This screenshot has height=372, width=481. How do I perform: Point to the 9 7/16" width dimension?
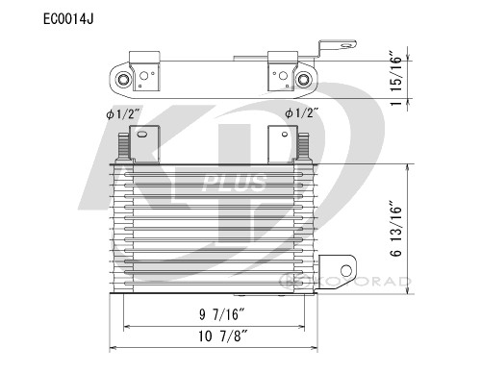tap(215, 313)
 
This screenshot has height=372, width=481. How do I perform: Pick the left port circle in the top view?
tap(124, 79)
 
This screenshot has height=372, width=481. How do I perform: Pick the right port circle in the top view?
tap(306, 79)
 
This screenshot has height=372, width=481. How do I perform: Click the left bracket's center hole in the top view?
tap(146, 74)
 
